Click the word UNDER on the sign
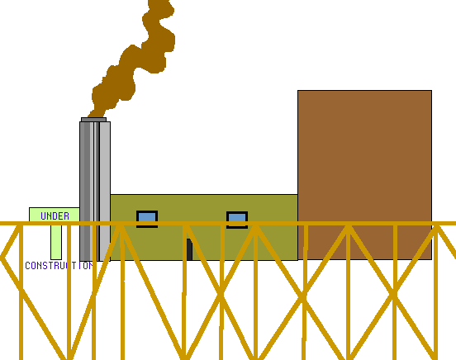point(55,216)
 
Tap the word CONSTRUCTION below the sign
point(59,266)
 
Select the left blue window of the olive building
point(147,219)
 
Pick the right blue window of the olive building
point(237,220)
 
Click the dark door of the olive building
point(189,249)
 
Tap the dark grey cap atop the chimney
point(93,120)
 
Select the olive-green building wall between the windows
point(192,210)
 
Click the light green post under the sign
point(56,242)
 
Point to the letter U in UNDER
point(44,216)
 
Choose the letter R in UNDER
point(66,216)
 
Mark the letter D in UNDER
point(55,216)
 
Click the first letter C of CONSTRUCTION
point(27,266)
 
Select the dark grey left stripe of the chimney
point(84,192)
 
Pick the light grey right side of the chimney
point(105,192)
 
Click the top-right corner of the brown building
point(431,91)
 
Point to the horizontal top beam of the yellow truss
point(228,223)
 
